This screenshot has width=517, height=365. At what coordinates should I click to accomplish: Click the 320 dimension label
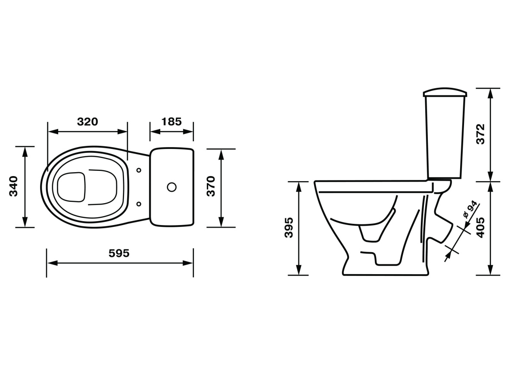tap(87, 122)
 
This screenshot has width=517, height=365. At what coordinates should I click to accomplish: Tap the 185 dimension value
tap(171, 122)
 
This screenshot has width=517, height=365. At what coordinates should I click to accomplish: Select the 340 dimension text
tap(13, 186)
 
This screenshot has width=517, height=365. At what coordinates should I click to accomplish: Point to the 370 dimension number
tap(211, 186)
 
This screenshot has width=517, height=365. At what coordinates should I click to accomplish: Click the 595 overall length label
tap(119, 254)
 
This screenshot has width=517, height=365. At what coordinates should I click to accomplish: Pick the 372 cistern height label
tap(481, 134)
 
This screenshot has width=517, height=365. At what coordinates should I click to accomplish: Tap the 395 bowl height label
tap(289, 228)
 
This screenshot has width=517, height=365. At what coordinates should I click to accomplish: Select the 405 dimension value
tap(481, 228)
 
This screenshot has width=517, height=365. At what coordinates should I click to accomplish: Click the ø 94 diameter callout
tap(470, 210)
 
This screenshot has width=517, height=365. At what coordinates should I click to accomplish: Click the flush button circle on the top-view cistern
tap(171, 187)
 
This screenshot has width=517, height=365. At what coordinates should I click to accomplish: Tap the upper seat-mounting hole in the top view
tap(139, 170)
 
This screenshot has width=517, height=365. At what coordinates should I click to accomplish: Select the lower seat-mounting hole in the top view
tap(139, 204)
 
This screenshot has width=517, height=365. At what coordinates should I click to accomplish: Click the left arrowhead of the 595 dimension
tap(52, 263)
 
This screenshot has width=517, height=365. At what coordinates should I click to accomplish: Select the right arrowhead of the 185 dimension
tap(188, 132)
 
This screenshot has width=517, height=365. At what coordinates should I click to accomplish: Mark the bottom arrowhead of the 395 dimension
tap(299, 269)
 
